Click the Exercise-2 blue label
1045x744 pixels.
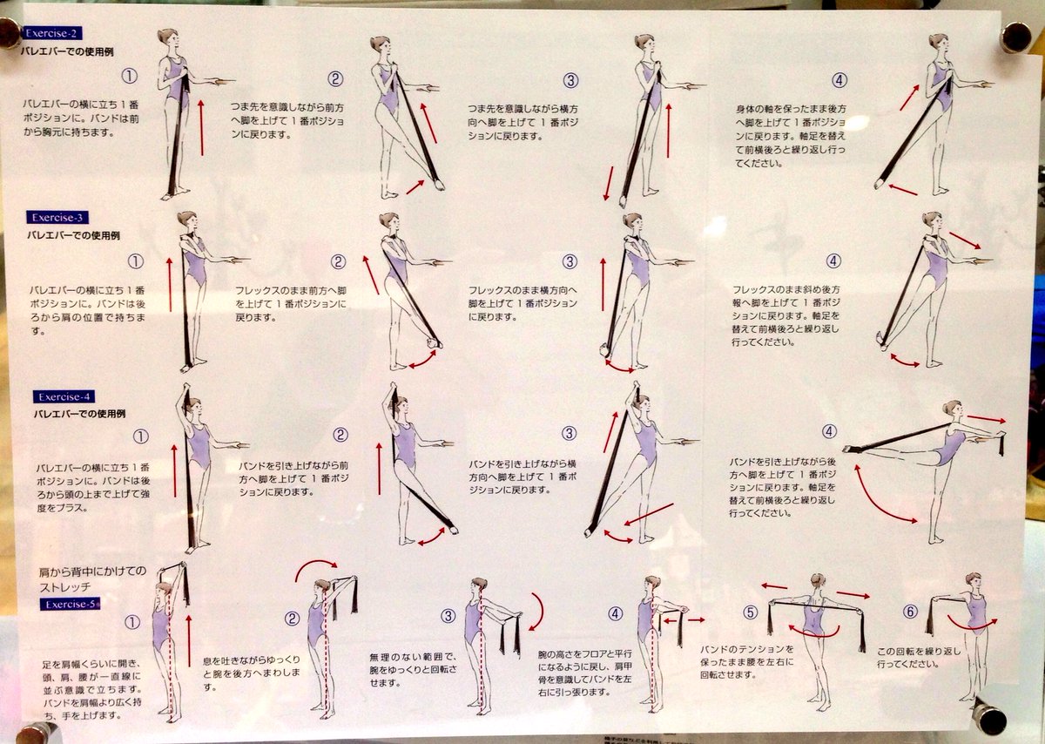pos(52,33)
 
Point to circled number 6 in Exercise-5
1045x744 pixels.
pos(910,612)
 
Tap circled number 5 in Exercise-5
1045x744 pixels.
pos(750,613)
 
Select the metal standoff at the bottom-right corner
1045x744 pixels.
pos(989,716)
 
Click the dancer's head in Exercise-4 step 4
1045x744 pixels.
pos(951,409)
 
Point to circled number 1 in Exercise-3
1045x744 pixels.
pos(135,261)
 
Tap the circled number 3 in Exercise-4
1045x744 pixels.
pos(569,434)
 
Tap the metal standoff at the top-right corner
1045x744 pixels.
pos(1015,37)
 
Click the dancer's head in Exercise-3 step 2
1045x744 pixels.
pos(388,221)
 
